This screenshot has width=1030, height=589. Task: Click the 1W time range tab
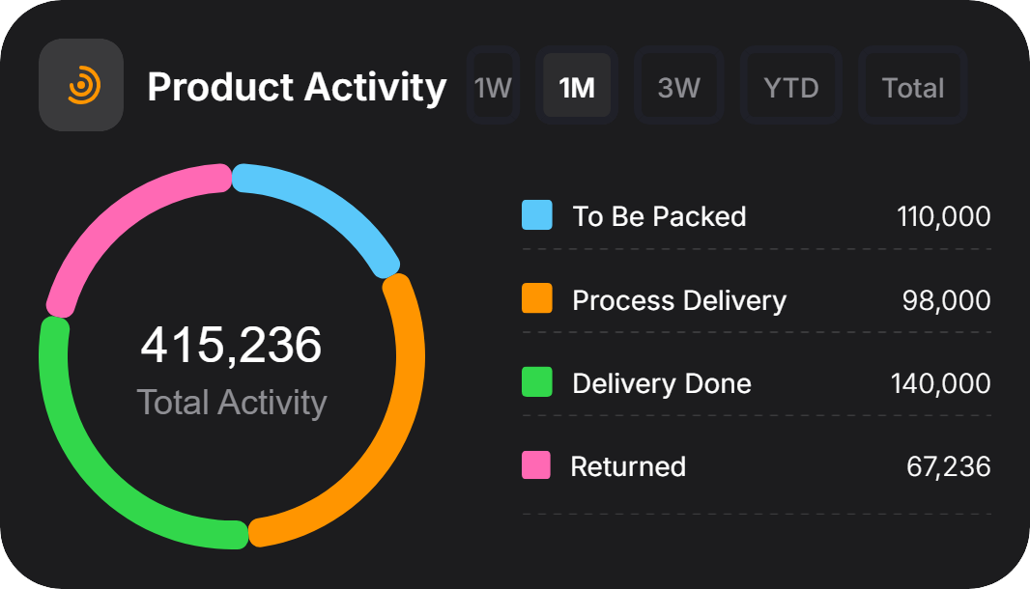click(x=492, y=88)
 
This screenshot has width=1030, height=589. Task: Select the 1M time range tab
click(x=577, y=88)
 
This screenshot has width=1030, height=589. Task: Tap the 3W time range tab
click(x=678, y=88)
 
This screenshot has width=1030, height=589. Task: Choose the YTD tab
click(x=791, y=88)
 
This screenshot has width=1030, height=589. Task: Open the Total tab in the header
click(x=913, y=88)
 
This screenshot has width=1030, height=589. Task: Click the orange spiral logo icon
click(x=81, y=85)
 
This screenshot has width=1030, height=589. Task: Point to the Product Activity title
click(x=297, y=87)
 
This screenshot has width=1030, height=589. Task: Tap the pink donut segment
click(x=116, y=222)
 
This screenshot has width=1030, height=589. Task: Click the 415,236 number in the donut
click(x=231, y=345)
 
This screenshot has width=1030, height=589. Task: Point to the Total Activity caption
click(x=232, y=402)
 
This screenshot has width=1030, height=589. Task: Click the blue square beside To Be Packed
click(x=537, y=214)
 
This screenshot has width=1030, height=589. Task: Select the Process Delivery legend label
click(x=679, y=300)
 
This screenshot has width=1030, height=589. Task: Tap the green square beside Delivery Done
click(x=537, y=381)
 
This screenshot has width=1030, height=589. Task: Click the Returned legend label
click(x=628, y=466)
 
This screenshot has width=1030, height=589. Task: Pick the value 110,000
click(x=943, y=215)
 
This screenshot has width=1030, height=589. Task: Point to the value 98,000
click(x=946, y=300)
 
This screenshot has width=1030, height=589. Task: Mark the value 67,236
click(x=948, y=466)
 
